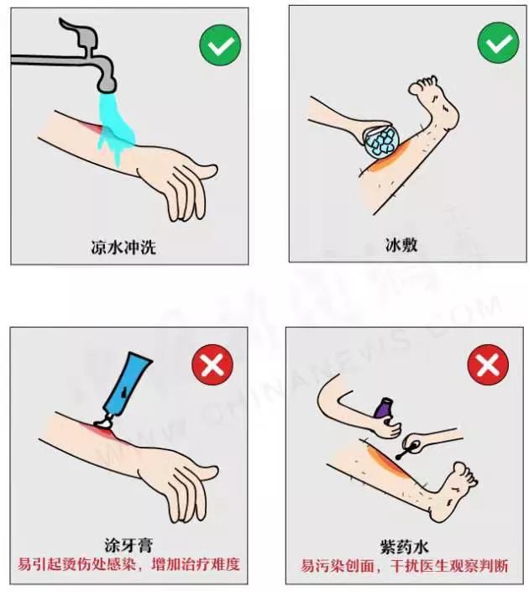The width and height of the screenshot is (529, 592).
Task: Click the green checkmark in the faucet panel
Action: coord(220,45)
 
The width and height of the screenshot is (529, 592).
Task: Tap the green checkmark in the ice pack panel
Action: coord(498,43)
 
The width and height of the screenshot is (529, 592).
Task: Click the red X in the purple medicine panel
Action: coord(488,364)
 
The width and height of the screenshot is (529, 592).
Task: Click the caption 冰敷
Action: coord(400,245)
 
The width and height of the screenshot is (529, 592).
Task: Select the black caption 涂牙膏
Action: coord(128,545)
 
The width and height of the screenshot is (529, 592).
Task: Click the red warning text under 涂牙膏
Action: coord(129,563)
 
